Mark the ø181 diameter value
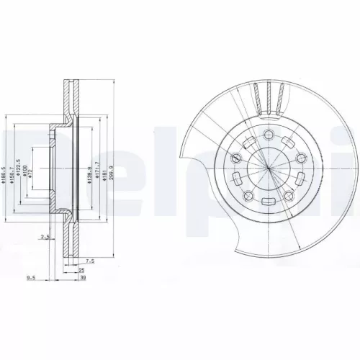tap(107, 171)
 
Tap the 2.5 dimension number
tap(45, 236)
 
